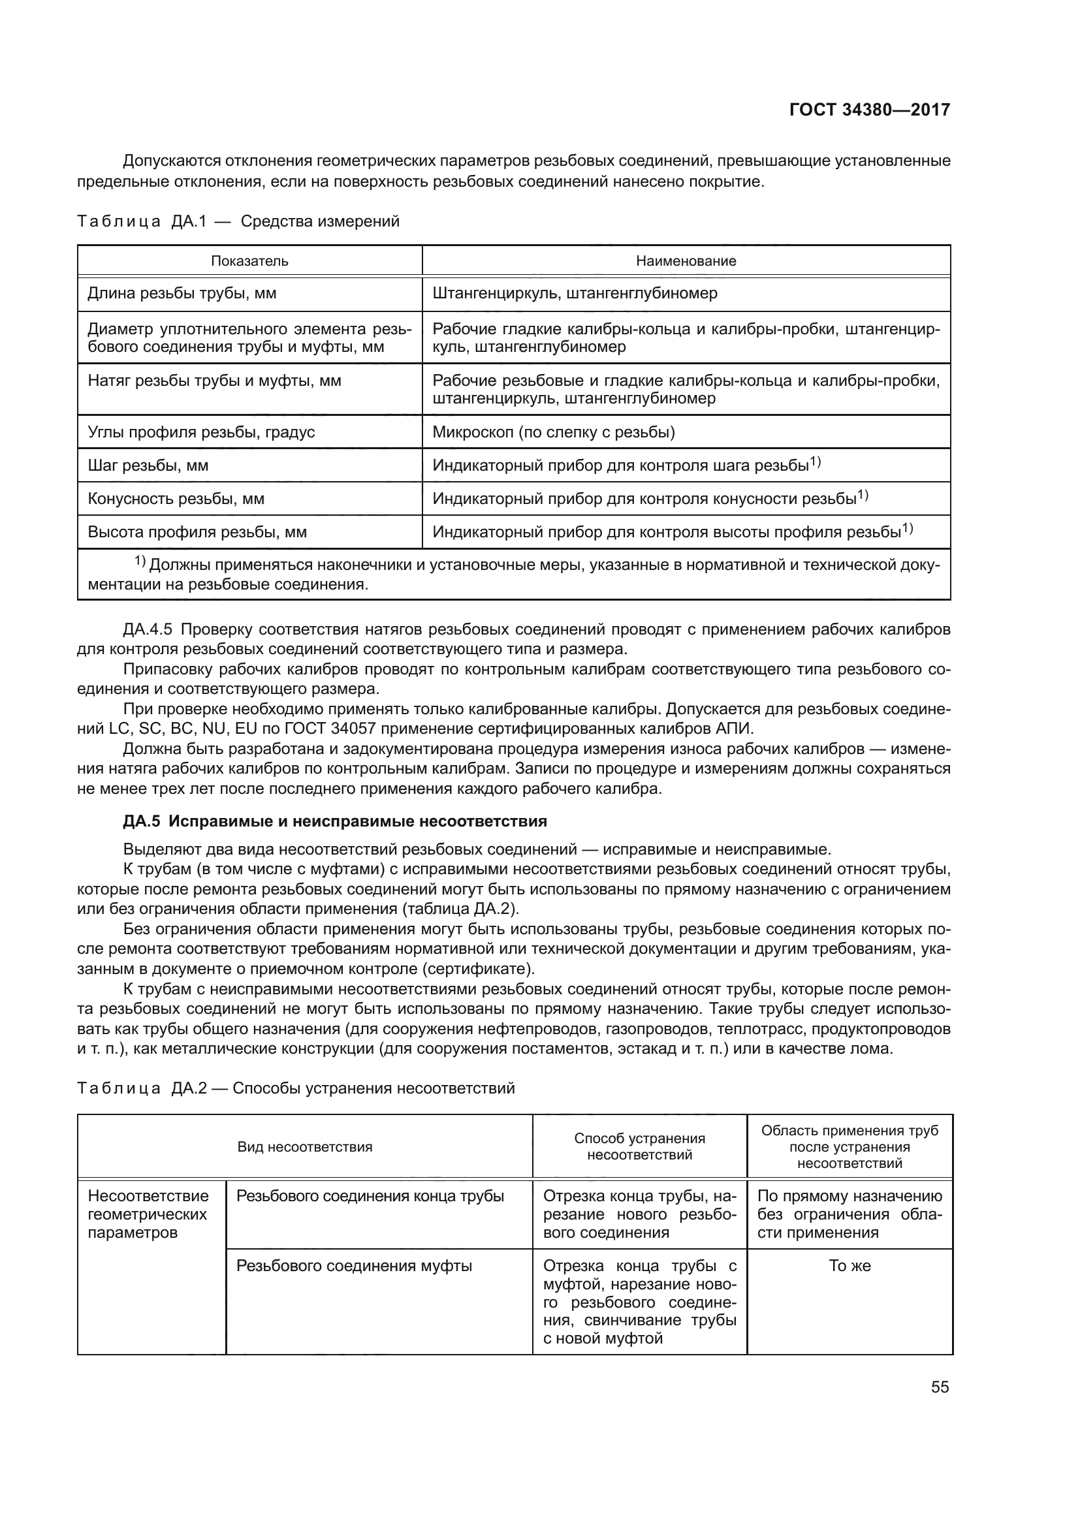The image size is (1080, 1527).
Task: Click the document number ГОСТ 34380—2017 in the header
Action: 869,110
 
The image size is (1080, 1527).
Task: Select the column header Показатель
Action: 249,260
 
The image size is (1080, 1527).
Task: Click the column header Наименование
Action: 686,260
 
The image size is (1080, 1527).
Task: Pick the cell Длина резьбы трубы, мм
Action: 182,293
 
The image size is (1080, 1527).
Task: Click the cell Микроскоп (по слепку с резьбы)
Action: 553,432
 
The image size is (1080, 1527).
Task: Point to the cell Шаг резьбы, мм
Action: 148,465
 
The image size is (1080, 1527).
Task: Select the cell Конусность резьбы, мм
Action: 176,499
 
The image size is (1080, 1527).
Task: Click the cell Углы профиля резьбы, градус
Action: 201,432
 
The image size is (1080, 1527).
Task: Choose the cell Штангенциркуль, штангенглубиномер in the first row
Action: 575,293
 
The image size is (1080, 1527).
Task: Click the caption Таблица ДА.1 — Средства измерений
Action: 238,221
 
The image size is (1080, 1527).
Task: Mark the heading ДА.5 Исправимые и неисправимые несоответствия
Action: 334,821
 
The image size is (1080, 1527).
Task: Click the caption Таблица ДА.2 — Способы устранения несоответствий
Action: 296,1089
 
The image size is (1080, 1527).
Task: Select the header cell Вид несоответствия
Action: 304,1146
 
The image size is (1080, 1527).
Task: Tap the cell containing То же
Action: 850,1266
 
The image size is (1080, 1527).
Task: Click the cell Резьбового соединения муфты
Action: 354,1266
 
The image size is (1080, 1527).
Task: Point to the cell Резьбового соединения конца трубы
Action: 370,1196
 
